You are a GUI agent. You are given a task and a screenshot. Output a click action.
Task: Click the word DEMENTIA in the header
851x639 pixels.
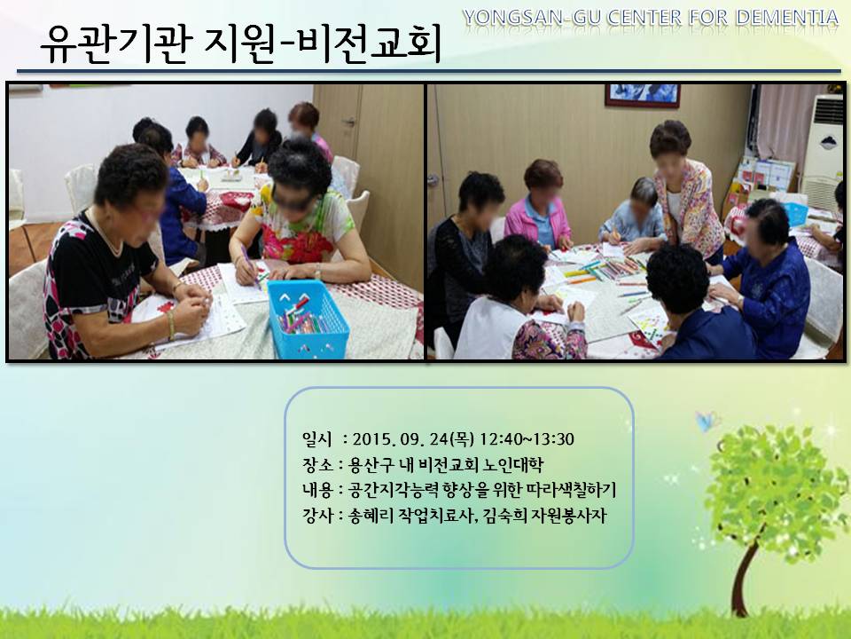click(787, 18)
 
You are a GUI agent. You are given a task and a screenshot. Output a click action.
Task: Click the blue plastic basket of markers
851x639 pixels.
click(308, 319)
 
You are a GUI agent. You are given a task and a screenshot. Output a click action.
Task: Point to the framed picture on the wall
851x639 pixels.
click(643, 95)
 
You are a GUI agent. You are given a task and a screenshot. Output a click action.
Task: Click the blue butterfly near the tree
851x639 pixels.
click(707, 421)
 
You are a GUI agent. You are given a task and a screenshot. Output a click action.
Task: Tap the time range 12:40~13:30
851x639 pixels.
click(527, 438)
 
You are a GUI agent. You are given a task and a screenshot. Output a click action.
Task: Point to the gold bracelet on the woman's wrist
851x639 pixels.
click(171, 325)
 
